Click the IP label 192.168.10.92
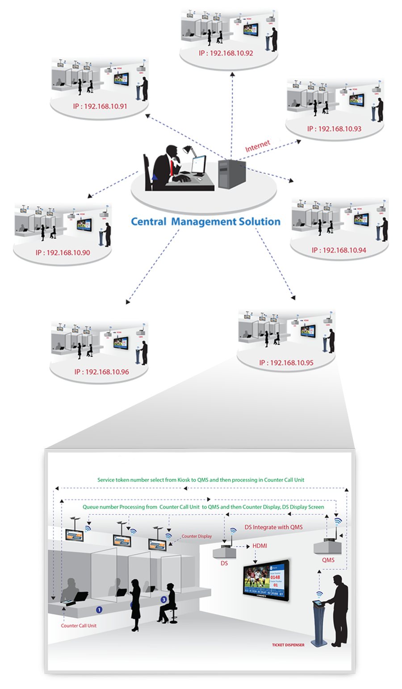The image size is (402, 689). [x=226, y=53]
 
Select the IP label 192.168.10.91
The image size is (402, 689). [x=100, y=107]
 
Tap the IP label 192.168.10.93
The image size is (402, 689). [x=334, y=129]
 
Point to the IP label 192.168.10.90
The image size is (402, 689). [x=63, y=253]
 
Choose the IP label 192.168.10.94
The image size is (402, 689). [x=339, y=250]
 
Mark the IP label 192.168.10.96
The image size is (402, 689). [x=101, y=372]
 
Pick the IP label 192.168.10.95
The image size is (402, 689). [x=286, y=363]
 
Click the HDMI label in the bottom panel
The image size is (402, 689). [x=260, y=546]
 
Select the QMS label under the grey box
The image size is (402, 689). [x=328, y=560]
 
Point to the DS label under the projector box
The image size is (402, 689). [x=224, y=564]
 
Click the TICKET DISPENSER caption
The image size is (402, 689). [x=288, y=645]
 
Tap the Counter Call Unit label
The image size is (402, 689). [x=79, y=626]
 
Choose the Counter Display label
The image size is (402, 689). [x=197, y=536]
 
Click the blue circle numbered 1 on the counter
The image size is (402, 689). [x=99, y=609]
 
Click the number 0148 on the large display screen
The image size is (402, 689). [x=275, y=577]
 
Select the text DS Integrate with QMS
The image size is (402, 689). [x=273, y=527]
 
